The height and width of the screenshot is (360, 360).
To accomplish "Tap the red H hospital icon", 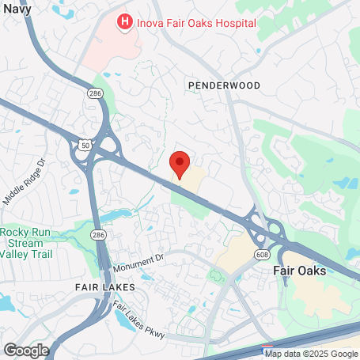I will [x=124, y=22].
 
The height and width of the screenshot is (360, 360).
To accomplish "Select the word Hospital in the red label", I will [x=233, y=22].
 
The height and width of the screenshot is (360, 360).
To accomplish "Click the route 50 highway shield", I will [x=85, y=145].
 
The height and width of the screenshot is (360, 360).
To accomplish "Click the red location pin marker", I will [x=180, y=164].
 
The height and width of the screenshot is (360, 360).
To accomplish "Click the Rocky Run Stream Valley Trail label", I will [x=25, y=243].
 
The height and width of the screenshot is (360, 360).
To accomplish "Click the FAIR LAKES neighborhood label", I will [x=105, y=286].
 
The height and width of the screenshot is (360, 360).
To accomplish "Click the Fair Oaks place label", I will [x=299, y=271].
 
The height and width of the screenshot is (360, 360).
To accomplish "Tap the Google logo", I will [x=26, y=349].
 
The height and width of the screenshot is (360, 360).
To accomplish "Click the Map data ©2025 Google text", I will [x=311, y=354].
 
